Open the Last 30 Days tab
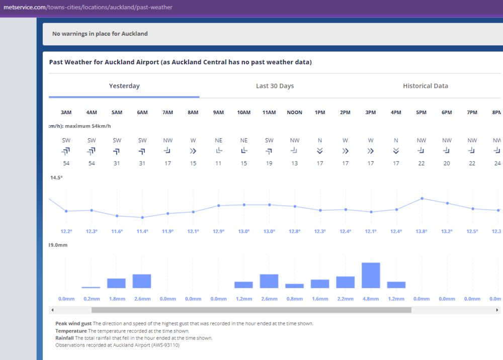[x=275, y=86]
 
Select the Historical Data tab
[x=425, y=86]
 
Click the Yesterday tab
[x=124, y=86]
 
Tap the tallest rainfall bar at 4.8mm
[x=371, y=275]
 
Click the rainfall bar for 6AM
[x=142, y=281]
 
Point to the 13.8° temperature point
[x=422, y=198]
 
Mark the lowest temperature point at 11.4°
[x=142, y=217]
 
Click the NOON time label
[x=294, y=112]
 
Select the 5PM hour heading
[x=422, y=112]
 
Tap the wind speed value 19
[x=269, y=163]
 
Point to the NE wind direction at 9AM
[x=218, y=140]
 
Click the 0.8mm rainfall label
[x=294, y=299]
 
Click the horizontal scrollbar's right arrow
[x=497, y=310]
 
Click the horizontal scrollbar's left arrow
[x=52, y=310]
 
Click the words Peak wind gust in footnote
[x=73, y=323]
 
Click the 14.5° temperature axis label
[x=56, y=178]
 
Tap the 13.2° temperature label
[x=447, y=231]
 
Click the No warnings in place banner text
[x=100, y=34]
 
